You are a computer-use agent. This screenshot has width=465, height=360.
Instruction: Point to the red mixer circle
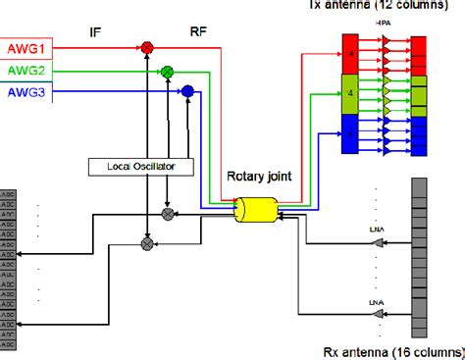coord(147,47)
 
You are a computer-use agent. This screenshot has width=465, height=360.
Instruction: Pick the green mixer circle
coord(167,71)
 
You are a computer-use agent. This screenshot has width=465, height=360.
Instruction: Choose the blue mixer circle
coord(186,92)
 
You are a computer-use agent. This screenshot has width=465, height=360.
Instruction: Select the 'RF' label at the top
coord(197,30)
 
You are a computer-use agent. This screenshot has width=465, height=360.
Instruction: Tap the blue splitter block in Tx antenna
coord(349,133)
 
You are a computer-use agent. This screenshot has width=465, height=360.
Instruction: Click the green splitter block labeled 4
coord(349,93)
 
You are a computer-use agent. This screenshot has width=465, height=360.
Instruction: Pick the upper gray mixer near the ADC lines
coord(168,213)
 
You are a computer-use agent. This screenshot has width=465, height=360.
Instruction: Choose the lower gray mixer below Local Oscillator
coord(148,241)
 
